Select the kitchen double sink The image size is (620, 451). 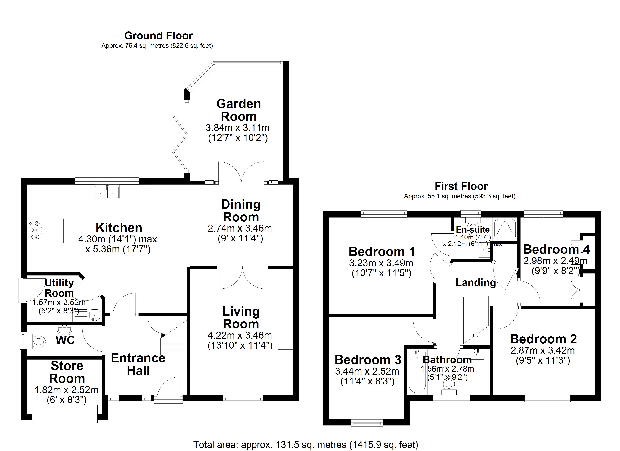107,191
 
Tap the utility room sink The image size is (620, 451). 94,315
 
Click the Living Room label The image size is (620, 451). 241,318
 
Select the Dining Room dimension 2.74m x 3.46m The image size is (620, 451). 240,228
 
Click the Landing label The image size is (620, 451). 475,282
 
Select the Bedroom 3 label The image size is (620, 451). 368,360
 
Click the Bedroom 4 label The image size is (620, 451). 556,249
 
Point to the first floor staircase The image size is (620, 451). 475,317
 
